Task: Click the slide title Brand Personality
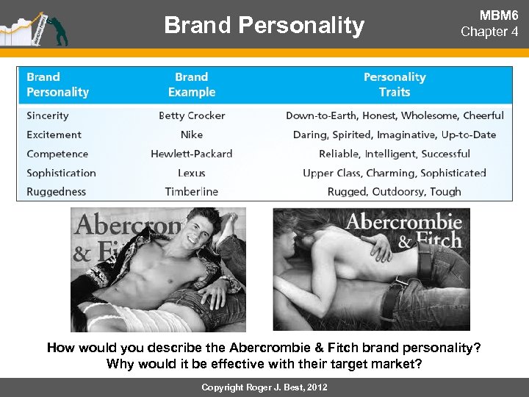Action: click(x=264, y=26)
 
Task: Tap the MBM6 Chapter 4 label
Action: click(x=489, y=24)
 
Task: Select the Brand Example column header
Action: click(x=192, y=85)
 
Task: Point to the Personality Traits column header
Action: click(x=395, y=85)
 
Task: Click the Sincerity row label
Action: click(x=48, y=115)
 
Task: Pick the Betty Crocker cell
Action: click(x=192, y=115)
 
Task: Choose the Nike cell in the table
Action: click(x=192, y=135)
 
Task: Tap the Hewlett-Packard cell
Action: click(x=192, y=154)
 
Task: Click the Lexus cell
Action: click(x=192, y=173)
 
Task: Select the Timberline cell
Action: click(x=192, y=192)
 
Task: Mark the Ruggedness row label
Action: click(x=57, y=192)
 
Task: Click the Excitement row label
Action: click(x=54, y=135)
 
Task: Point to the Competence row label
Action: click(x=57, y=154)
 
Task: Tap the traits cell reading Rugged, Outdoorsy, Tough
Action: click(x=395, y=192)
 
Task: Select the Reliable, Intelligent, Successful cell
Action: click(x=395, y=154)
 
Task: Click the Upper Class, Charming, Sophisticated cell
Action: click(x=395, y=173)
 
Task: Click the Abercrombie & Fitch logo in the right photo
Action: click(x=404, y=230)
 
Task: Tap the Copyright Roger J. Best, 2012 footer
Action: click(x=264, y=387)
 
